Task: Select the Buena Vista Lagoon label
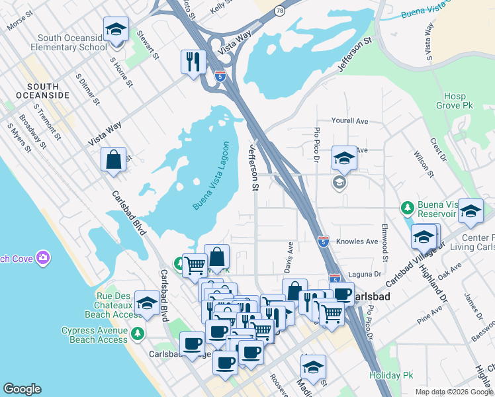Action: pyautogui.click(x=211, y=176)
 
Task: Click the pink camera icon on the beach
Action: pyautogui.click(x=44, y=257)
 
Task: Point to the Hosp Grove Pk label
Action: pyautogui.click(x=455, y=100)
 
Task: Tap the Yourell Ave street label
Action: pyautogui.click(x=349, y=122)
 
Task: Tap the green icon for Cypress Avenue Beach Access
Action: pyautogui.click(x=137, y=333)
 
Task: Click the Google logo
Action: pyautogui.click(x=22, y=389)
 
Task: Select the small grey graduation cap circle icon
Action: pyautogui.click(x=339, y=182)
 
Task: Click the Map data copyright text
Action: pyautogui.click(x=454, y=392)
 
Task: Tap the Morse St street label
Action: pyautogui.click(x=20, y=22)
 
